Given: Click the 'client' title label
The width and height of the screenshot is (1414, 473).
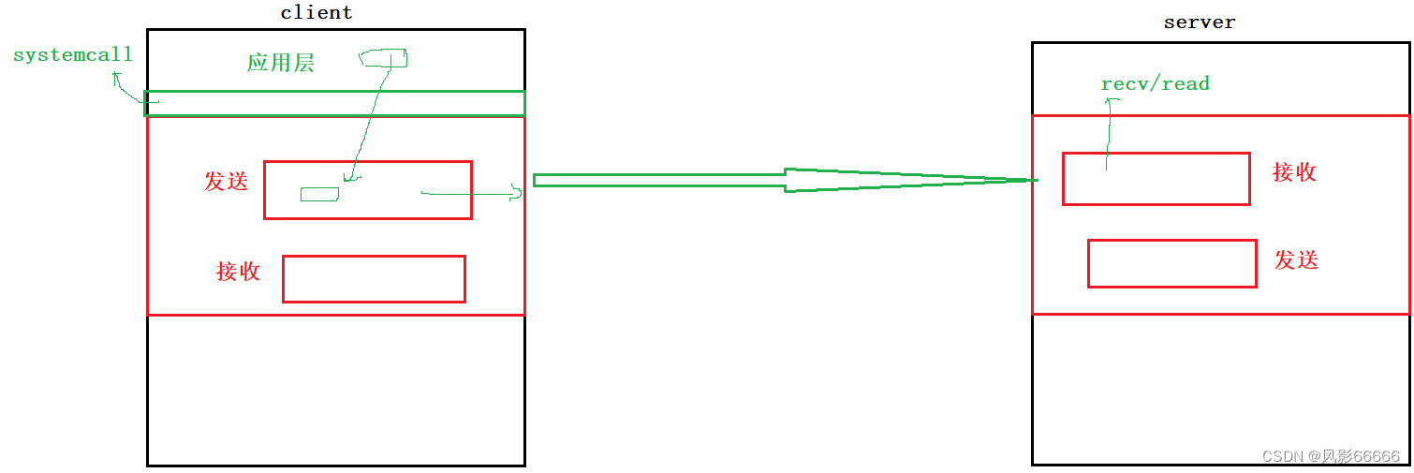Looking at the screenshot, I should [317, 13].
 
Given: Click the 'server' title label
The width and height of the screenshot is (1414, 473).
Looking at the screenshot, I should [1199, 22].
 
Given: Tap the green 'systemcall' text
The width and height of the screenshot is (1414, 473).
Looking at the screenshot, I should [73, 55].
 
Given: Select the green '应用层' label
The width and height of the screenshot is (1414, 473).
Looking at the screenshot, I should [280, 63].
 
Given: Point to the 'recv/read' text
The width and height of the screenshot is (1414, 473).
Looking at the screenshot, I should [1155, 84].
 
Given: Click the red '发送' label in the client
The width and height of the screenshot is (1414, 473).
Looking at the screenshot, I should [227, 182].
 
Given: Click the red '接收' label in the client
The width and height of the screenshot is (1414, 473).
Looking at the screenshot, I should [238, 272].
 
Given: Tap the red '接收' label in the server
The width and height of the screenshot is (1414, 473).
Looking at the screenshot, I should [1294, 172].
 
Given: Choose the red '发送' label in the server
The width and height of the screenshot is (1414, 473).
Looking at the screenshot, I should [1296, 260].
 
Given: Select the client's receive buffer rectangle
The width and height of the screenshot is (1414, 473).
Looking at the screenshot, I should [374, 279].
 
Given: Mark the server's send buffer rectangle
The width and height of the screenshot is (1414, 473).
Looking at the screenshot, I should [1171, 263].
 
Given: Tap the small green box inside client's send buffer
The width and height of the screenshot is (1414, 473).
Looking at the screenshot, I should [319, 194].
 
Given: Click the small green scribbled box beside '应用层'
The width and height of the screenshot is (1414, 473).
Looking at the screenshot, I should [384, 59].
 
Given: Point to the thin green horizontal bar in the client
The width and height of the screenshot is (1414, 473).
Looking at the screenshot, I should [335, 103].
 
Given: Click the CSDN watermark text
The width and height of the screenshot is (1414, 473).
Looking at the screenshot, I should [1331, 456].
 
